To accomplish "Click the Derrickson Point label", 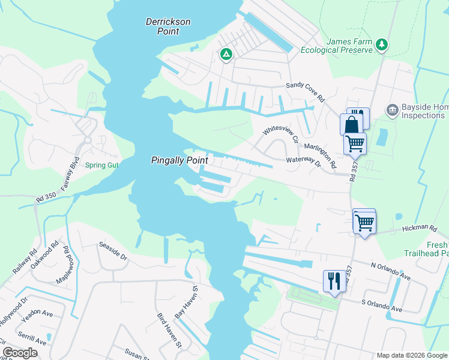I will coord(168,26).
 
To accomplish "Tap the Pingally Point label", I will coord(179,161).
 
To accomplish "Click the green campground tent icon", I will coord(226,55).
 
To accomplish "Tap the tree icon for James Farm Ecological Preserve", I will coord(381,45).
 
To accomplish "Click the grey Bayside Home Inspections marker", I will coord(393,110).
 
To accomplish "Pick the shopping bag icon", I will coord(351,124).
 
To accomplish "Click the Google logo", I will coord(20,353).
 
